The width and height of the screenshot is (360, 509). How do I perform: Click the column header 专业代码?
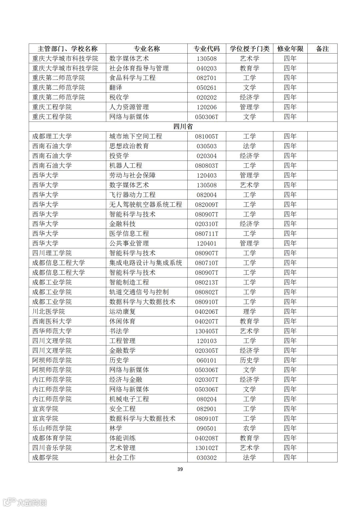(x=207, y=49)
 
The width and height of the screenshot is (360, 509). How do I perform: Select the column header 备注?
(x=322, y=49)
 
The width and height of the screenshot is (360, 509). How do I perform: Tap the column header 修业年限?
(x=290, y=49)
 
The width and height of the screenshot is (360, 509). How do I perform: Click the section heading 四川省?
(x=183, y=127)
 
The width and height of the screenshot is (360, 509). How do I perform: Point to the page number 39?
(x=180, y=469)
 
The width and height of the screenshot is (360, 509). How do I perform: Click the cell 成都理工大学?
(x=52, y=136)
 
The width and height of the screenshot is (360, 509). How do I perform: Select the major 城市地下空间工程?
(x=136, y=136)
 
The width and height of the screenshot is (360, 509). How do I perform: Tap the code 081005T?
(x=207, y=136)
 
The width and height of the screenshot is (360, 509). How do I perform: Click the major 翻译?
(x=116, y=88)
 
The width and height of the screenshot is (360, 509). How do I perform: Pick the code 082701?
(x=207, y=78)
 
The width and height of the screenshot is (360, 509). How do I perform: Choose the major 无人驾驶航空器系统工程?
(x=146, y=205)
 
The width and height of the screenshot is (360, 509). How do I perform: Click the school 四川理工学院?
(x=52, y=253)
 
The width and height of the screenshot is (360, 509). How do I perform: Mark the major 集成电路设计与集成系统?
(x=146, y=263)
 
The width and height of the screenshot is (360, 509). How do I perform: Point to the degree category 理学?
(x=249, y=311)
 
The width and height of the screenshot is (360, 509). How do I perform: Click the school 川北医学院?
(x=49, y=311)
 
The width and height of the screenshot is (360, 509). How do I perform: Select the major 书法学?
(x=119, y=331)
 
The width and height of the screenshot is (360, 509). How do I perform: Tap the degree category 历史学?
(x=249, y=360)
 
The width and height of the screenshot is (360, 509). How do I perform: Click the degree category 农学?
(x=249, y=428)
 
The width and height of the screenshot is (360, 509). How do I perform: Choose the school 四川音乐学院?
(x=52, y=448)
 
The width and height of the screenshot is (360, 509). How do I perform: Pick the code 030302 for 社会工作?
(x=207, y=458)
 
